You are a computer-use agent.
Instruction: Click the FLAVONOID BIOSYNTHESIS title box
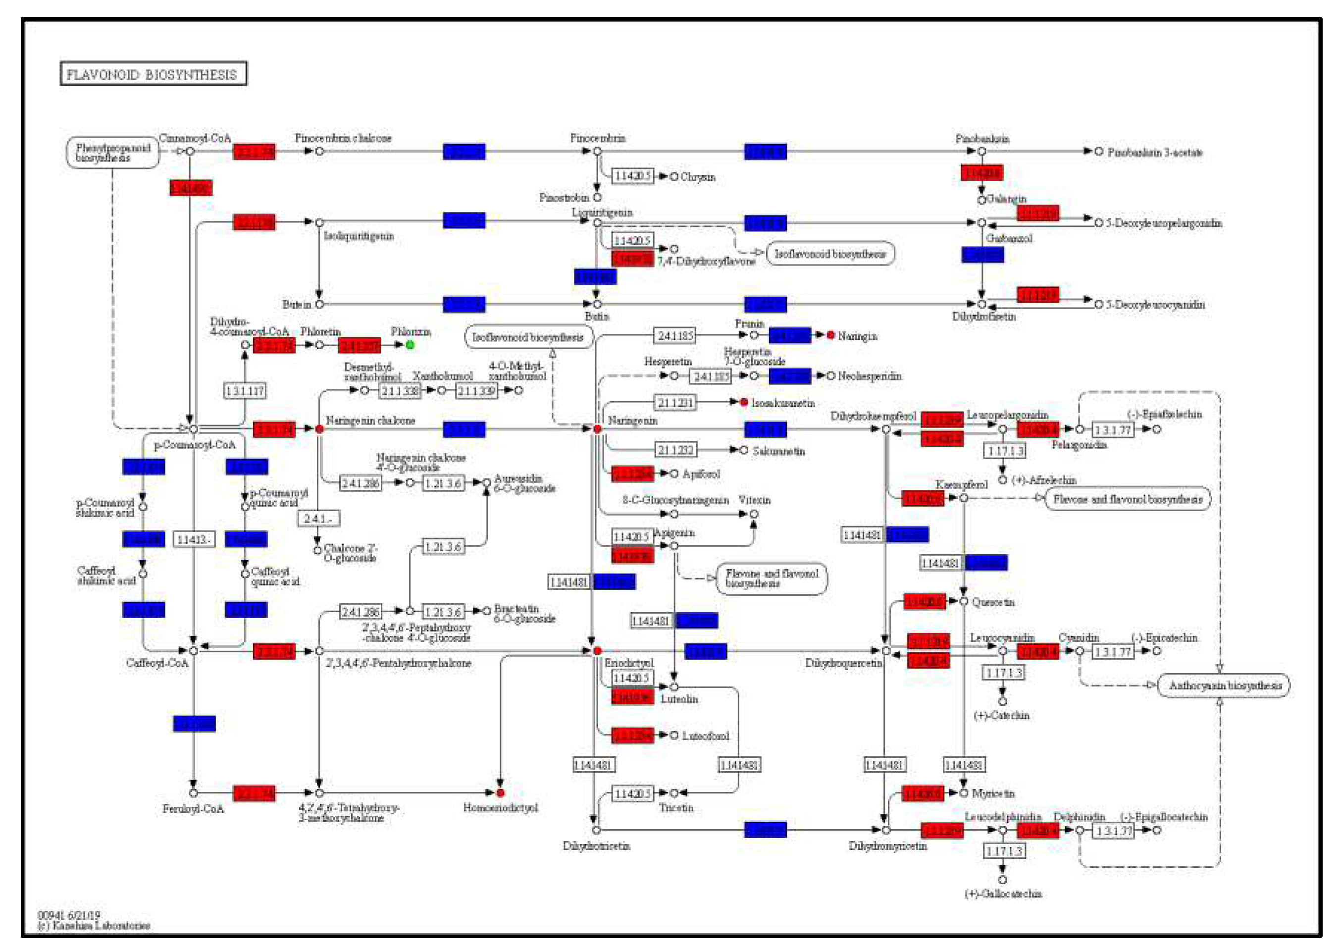pos(153,74)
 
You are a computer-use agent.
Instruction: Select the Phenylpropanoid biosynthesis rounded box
pos(112,152)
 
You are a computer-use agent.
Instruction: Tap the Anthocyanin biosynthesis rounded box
pos(1224,685)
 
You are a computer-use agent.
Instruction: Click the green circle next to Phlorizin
pos(410,345)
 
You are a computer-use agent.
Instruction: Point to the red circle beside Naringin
pos(830,335)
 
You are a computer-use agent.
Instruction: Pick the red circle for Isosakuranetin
pos(743,402)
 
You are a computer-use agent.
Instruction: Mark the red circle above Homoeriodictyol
pos(500,793)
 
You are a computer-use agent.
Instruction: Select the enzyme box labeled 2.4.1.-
pos(318,518)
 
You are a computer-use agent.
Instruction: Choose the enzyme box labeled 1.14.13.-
pos(194,539)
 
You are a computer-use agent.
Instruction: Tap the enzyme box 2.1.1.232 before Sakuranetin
pos(675,450)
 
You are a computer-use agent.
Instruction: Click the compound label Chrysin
pos(698,177)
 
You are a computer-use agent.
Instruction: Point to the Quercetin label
pos(993,602)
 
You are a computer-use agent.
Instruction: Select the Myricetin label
pos(993,793)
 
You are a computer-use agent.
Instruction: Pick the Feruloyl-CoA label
pos(193,809)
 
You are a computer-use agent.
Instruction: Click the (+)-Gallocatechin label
pos(1003,894)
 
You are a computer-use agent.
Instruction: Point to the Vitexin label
pos(754,500)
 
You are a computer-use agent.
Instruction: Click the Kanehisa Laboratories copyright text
pos(94,926)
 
